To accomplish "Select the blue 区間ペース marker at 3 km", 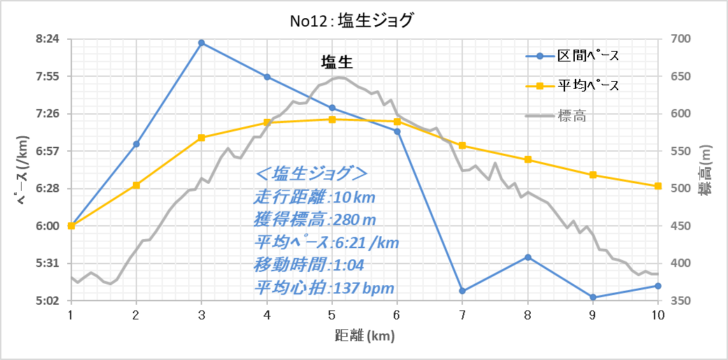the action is click(201, 43).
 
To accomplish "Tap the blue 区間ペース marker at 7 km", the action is click(462, 291).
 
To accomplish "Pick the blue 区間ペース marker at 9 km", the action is click(592, 297).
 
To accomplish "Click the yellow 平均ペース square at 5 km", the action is click(332, 120).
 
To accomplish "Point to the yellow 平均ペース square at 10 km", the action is click(657, 186).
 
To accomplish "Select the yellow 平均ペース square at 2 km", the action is click(136, 185).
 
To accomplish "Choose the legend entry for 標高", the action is click(556, 116).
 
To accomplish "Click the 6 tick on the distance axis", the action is click(397, 315).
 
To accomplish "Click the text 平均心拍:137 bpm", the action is click(324, 288).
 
